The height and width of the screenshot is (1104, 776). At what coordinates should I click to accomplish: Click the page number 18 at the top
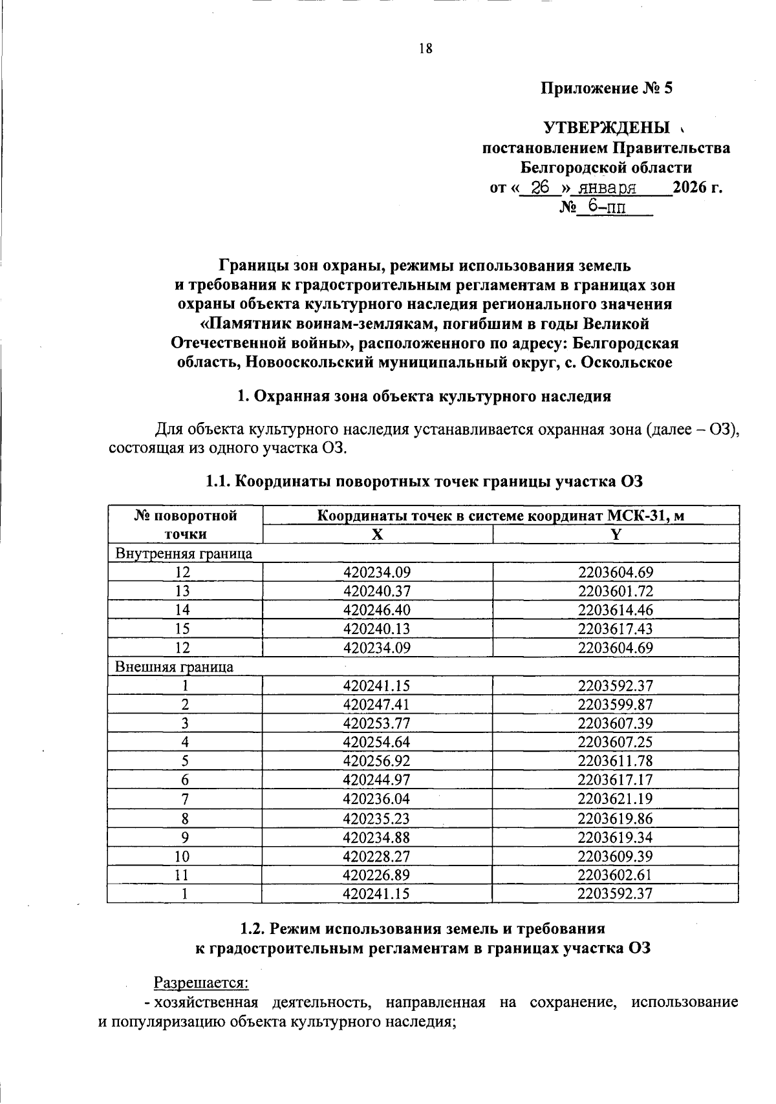(425, 48)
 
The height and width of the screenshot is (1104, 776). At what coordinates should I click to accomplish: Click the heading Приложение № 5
(607, 89)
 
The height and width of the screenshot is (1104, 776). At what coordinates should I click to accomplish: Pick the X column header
(377, 535)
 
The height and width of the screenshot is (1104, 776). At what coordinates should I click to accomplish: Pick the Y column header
(615, 535)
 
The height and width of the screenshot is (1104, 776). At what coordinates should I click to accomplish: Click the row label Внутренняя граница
(183, 553)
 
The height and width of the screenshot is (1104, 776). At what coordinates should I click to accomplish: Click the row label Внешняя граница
(174, 666)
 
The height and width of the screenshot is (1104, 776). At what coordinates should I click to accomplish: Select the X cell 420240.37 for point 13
(377, 591)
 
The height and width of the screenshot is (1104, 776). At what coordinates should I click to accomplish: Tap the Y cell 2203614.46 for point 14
(615, 610)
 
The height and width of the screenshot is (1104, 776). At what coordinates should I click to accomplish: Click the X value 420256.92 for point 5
(377, 761)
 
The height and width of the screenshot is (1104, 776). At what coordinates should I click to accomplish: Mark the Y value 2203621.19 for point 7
(615, 799)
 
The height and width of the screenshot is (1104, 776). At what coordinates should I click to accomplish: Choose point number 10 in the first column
(185, 856)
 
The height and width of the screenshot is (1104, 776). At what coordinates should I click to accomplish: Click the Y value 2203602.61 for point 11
(615, 875)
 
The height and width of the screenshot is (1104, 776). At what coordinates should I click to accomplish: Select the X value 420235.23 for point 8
(377, 818)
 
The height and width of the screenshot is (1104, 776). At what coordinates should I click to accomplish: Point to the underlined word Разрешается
(200, 983)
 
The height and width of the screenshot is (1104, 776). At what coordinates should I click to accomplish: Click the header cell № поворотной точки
(185, 525)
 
